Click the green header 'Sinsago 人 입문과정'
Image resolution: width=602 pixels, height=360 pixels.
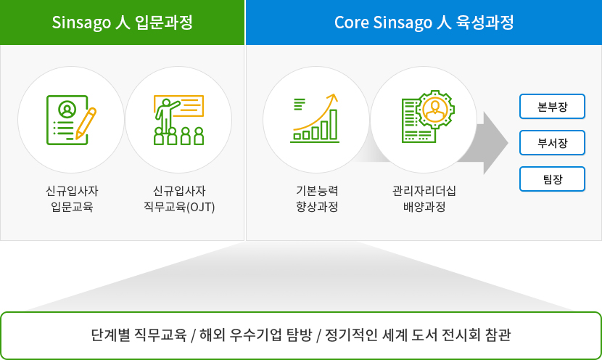click(122, 22)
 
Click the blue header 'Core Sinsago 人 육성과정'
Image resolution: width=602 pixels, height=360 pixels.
click(424, 22)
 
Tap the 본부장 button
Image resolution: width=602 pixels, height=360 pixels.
click(552, 107)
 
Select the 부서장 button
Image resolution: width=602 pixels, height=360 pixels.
click(552, 143)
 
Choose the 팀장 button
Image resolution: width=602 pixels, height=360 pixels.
click(552, 179)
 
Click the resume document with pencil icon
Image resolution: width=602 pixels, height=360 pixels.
click(71, 120)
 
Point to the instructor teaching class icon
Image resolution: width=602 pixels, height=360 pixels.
click(178, 120)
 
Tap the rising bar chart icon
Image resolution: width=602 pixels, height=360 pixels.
click(315, 118)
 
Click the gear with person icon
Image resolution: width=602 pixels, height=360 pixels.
click(428, 116)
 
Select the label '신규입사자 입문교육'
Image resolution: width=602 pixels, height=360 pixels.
click(72, 199)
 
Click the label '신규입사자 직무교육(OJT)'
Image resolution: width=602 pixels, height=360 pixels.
click(179, 199)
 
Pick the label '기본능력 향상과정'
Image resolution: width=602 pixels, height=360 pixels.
click(317, 199)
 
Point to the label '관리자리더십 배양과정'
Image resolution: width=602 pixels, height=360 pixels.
click(424, 199)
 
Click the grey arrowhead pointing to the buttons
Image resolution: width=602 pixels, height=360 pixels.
click(495, 143)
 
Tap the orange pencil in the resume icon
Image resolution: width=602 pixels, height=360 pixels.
click(86, 123)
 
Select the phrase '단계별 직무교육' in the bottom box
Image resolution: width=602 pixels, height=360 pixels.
click(139, 335)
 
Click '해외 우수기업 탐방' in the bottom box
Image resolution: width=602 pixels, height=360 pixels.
click(255, 335)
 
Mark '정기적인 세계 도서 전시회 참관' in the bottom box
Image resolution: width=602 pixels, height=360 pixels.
click(418, 335)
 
